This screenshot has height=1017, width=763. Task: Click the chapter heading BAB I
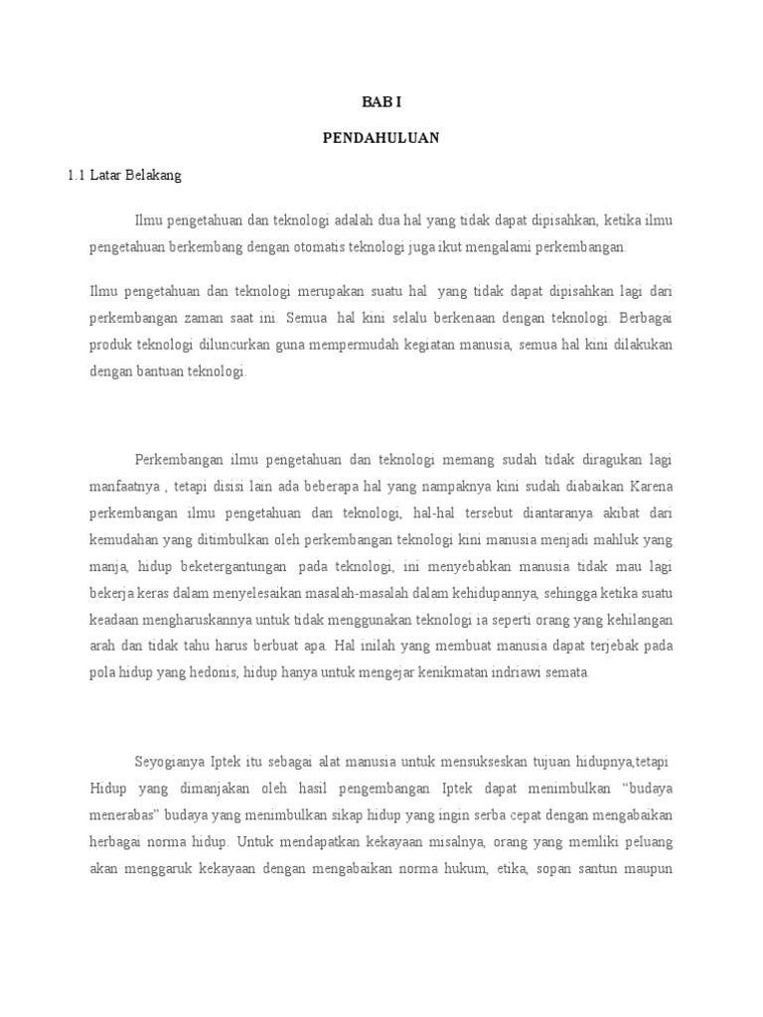(x=381, y=101)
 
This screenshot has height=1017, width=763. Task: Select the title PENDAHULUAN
(x=381, y=138)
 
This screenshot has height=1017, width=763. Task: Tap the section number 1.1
(x=76, y=176)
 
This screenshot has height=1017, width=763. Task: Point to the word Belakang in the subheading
(x=152, y=176)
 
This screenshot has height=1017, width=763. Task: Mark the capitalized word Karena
(x=650, y=488)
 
